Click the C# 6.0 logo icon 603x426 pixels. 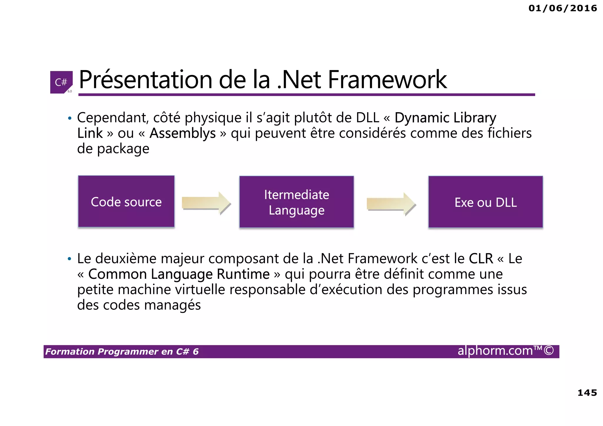61,82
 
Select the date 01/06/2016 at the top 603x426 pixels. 563,8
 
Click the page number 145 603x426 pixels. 587,392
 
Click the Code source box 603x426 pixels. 126,202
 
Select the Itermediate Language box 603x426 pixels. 296,202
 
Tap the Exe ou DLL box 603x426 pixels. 486,202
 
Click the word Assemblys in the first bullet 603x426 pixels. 183,133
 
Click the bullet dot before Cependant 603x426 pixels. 69,118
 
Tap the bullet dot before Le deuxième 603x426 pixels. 69,259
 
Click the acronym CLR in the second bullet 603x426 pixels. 481,258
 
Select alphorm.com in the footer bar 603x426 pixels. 495,351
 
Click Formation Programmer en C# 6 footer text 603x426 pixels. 122,352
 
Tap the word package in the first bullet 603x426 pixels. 123,149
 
